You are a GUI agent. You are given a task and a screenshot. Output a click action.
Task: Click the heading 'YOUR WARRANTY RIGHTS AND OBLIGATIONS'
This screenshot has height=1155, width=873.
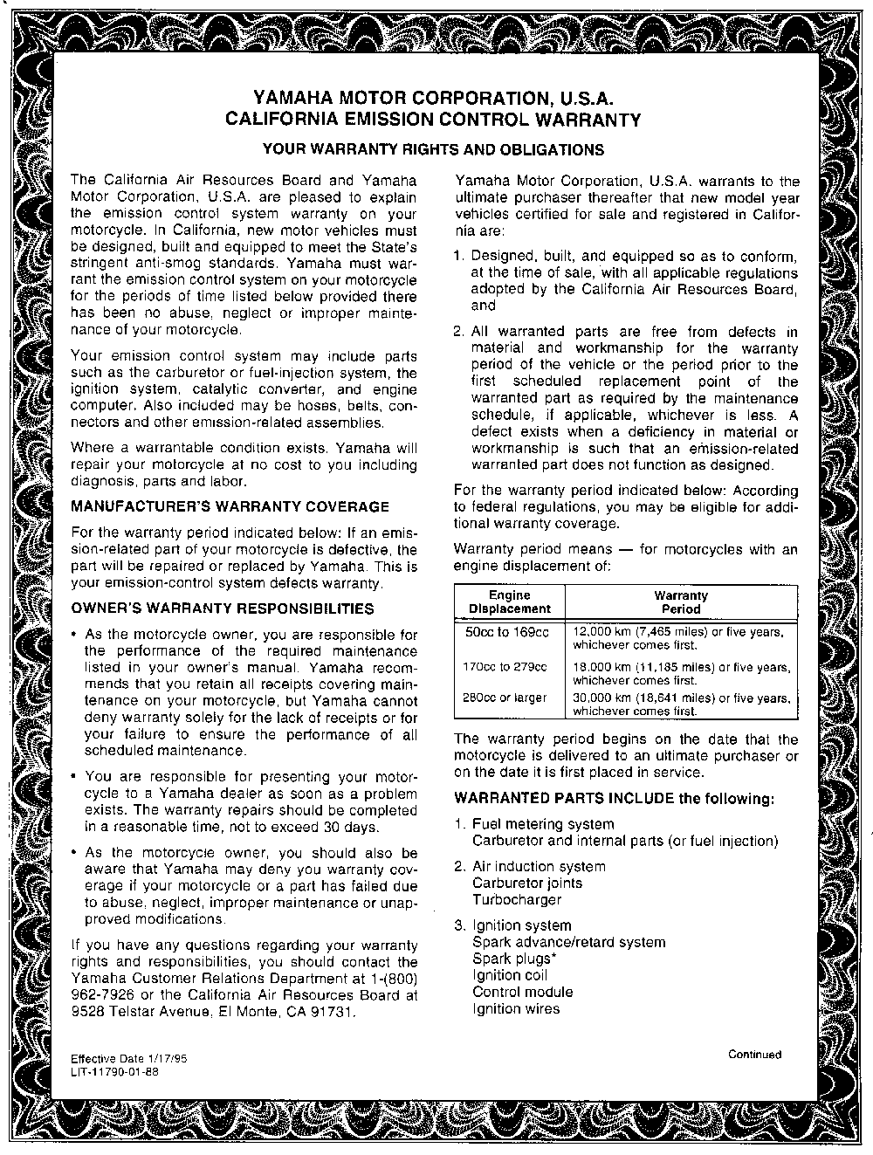click(x=433, y=149)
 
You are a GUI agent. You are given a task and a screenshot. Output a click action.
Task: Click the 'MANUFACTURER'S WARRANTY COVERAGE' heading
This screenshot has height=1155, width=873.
click(x=229, y=506)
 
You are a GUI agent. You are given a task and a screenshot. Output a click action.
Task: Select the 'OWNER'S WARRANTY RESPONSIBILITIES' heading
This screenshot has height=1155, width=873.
click(x=222, y=608)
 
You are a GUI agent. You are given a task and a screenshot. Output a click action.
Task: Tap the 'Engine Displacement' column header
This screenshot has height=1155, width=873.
click(x=510, y=602)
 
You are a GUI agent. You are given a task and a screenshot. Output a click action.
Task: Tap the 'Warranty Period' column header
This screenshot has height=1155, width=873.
click(x=681, y=602)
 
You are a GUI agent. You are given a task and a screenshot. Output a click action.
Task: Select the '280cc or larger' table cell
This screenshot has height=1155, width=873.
click(x=505, y=698)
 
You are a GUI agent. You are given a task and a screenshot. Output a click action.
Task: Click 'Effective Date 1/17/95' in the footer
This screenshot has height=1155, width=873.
click(x=128, y=1058)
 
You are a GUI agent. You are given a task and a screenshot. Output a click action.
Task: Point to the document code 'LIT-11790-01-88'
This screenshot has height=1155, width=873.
click(x=114, y=1071)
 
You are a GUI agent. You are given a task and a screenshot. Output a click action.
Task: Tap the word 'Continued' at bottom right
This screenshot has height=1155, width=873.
click(x=754, y=1054)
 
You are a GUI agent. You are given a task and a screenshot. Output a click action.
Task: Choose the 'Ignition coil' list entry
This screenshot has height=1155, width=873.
click(x=510, y=975)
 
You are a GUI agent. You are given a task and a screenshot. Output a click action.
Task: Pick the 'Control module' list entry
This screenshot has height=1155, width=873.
click(x=522, y=992)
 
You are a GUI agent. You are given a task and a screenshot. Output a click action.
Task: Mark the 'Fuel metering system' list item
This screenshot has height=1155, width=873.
click(x=542, y=824)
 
